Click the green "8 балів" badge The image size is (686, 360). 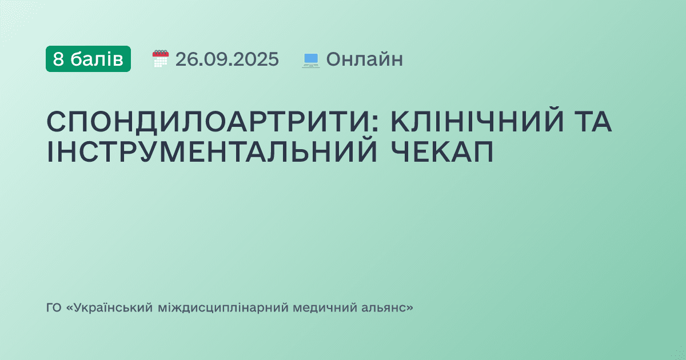88,59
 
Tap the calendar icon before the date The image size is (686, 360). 161,59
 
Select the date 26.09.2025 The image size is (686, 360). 227,59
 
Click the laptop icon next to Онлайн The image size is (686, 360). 311,59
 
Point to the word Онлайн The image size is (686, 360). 364,59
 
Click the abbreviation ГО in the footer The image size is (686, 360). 54,308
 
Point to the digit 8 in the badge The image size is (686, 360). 59,59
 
